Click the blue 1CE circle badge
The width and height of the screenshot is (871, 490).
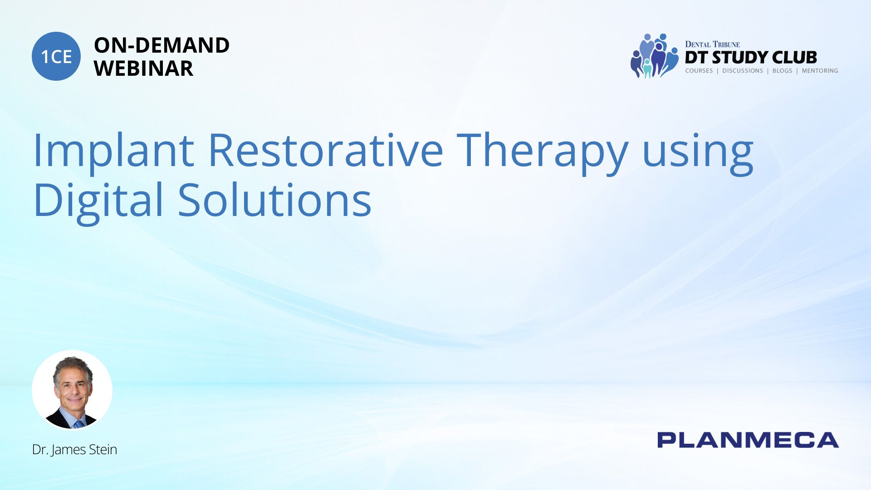56,56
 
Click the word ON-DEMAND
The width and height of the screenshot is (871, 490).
161,45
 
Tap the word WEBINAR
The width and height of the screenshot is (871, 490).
143,69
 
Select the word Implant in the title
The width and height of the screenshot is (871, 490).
114,150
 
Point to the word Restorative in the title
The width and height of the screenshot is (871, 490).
326,150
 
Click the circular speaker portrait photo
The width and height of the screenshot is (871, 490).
72,390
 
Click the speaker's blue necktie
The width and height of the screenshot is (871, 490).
79,424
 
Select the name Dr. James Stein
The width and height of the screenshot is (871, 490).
74,450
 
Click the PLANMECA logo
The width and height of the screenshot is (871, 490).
748,440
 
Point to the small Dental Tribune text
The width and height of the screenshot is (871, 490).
712,44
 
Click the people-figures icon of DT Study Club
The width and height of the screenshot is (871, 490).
654,56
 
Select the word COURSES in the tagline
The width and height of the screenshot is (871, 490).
699,71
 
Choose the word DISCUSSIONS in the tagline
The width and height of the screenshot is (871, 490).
743,71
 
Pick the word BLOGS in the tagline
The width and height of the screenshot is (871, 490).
783,71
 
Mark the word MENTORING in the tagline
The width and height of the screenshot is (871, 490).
820,71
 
